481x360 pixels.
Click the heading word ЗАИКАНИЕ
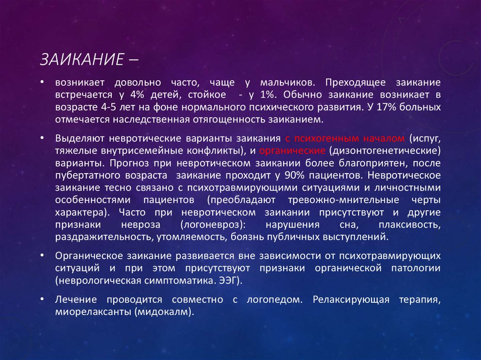[82, 59]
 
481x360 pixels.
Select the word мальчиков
[287, 83]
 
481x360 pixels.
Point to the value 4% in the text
[137, 94]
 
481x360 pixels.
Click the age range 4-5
[109, 107]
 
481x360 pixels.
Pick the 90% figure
[295, 175]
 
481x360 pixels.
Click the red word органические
[292, 151]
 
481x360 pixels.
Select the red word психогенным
[326, 138]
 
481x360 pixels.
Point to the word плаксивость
[410, 224]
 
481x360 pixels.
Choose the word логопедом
[274, 299]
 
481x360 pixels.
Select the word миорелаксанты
[93, 312]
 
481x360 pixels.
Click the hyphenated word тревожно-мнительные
[343, 200]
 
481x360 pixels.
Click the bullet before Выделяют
[42, 138]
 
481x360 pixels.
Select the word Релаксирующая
[351, 300]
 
